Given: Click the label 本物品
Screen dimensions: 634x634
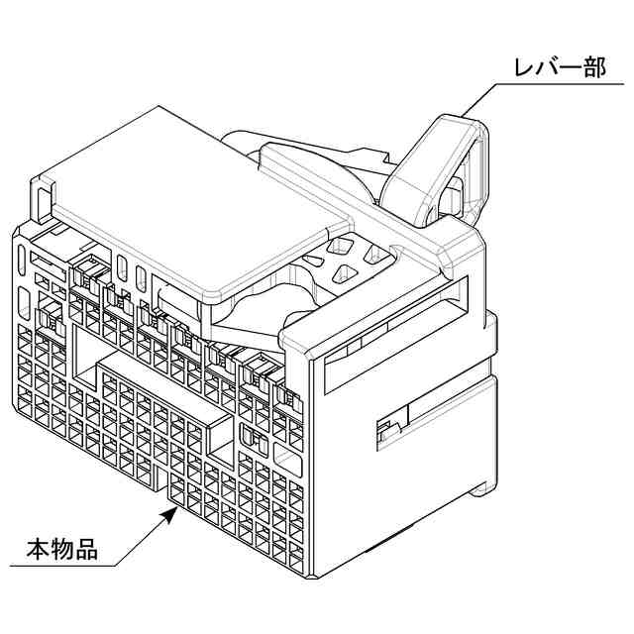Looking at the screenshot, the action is [61, 548].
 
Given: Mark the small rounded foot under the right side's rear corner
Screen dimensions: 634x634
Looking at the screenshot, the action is [481, 487].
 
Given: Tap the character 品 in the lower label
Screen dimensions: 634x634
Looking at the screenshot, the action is [86, 548].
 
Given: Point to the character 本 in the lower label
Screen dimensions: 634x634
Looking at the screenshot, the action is [37, 548].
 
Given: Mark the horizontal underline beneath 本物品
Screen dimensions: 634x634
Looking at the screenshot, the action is [59, 566].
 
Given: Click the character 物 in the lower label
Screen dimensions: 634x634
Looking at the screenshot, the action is [61, 548].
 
